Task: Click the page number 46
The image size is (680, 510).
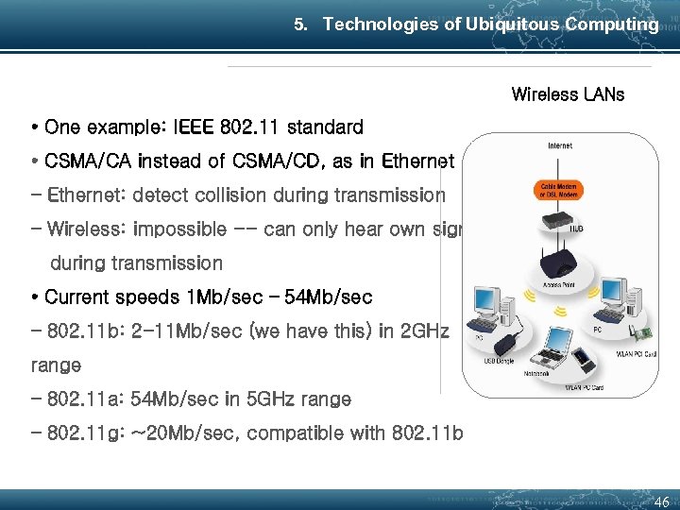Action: (661, 501)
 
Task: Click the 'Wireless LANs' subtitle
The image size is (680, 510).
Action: (568, 94)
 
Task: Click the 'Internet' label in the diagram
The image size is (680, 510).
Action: (559, 145)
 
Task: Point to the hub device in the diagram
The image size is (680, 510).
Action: (558, 222)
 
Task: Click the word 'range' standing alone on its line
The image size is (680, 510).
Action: (56, 365)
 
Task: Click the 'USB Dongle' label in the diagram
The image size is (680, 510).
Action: (498, 359)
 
